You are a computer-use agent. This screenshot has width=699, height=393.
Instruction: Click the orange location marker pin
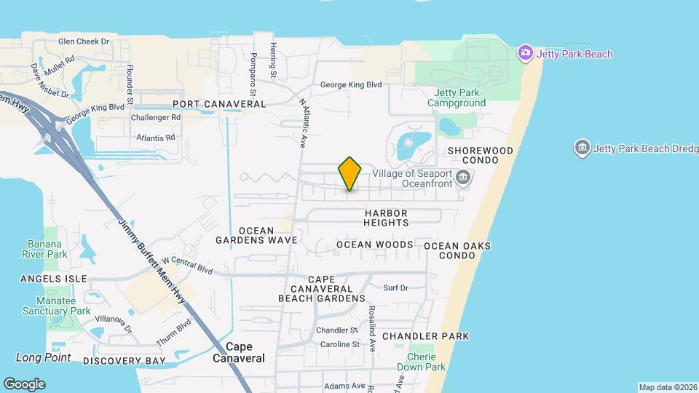tap(349, 173)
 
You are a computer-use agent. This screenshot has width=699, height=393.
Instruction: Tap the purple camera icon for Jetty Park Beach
tap(525, 53)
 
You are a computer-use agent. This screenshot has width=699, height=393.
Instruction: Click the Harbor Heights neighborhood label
tap(396, 218)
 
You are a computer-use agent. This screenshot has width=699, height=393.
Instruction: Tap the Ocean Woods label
tap(374, 245)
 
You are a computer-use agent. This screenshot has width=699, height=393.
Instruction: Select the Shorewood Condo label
tap(481, 155)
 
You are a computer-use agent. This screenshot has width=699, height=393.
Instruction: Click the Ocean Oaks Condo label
tap(457, 251)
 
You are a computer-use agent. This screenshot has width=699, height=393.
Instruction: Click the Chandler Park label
tap(425, 336)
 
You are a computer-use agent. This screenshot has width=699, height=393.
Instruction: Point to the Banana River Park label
tap(47, 249)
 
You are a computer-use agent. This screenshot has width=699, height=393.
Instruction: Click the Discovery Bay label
tap(124, 361)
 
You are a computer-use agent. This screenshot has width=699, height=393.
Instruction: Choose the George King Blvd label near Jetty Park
tap(351, 84)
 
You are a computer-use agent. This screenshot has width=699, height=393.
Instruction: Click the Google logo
tap(24, 384)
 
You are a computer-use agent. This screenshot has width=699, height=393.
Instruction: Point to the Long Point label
tap(44, 357)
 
